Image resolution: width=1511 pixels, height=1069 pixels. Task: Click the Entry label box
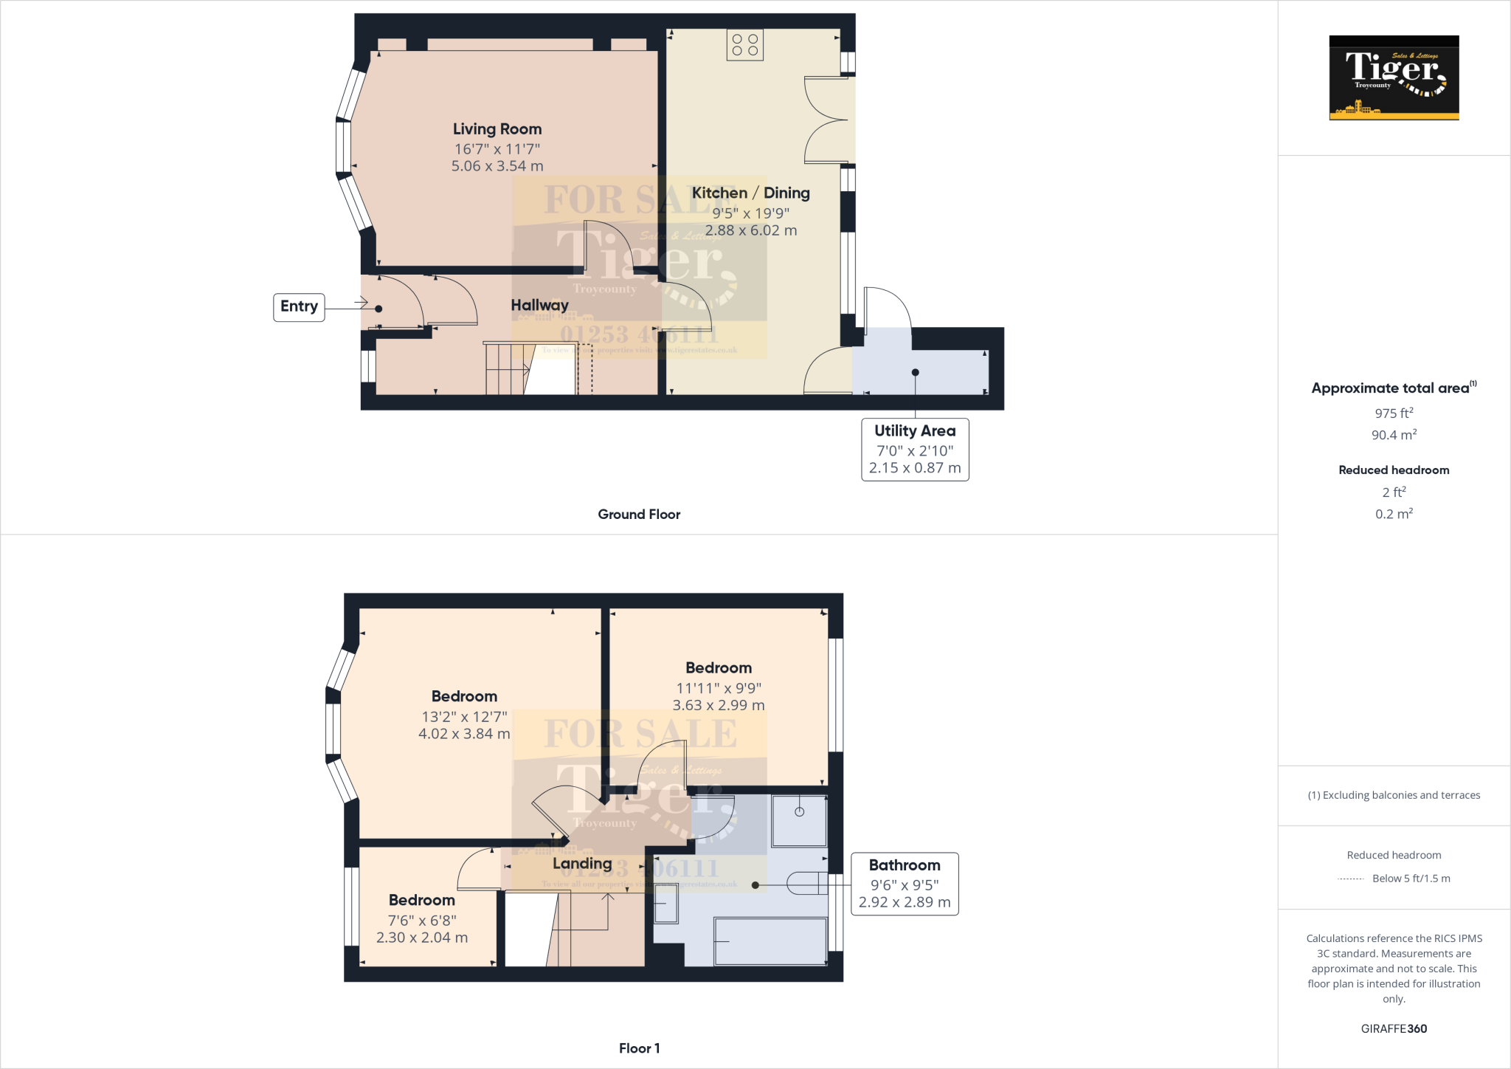point(299,306)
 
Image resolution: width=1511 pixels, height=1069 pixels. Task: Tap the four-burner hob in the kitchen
point(744,45)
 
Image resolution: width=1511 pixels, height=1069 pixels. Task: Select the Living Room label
point(497,129)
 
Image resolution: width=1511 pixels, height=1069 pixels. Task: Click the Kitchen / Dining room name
point(750,193)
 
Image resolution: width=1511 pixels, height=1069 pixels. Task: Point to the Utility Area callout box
point(915,449)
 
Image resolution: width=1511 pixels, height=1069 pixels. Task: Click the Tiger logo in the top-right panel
point(1394,78)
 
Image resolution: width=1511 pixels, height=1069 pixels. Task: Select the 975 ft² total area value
point(1394,413)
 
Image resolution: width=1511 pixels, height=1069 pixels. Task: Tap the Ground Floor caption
point(639,515)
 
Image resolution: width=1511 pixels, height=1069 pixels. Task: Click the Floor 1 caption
point(639,1048)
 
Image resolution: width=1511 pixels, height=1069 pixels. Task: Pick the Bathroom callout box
point(905,884)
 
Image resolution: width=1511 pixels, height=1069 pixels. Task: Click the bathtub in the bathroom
point(770,941)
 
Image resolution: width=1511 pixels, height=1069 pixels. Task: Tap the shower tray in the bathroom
point(799,820)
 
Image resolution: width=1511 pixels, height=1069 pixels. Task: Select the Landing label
point(582,864)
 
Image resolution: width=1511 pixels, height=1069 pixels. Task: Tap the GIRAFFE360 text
point(1394,1028)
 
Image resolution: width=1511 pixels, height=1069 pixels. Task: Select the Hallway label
point(539,305)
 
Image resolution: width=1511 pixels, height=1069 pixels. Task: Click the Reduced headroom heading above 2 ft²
point(1394,470)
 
